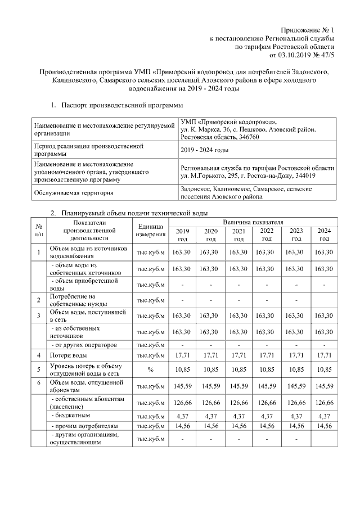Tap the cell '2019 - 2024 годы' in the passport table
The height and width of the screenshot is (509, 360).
tap(204, 150)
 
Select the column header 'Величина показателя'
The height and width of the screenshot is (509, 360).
tap(254, 223)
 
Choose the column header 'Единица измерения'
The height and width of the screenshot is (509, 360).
tap(151, 230)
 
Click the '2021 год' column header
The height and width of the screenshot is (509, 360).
tap(238, 235)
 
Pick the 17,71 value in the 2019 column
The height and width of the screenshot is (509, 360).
tap(182, 355)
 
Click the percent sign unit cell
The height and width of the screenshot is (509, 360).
tap(151, 370)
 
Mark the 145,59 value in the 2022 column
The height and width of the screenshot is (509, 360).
tap(267, 386)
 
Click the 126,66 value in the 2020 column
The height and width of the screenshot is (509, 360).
tap(210, 403)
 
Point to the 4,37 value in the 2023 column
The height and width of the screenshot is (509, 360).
tap(295, 416)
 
